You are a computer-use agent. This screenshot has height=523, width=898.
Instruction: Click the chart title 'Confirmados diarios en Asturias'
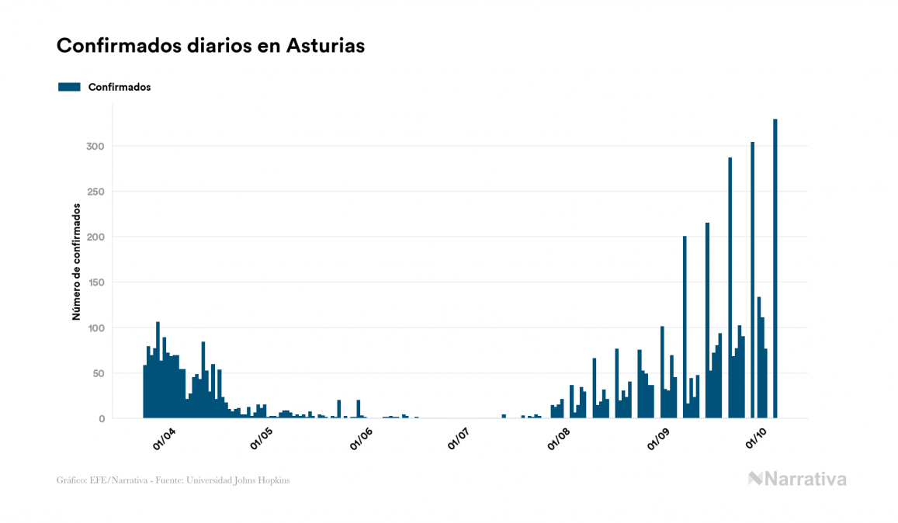click(x=210, y=46)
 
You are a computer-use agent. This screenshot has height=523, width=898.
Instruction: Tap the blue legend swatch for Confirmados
click(x=69, y=87)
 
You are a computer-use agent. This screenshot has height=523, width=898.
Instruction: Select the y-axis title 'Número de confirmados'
click(x=76, y=262)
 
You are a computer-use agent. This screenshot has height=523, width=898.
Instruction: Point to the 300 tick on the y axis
click(x=95, y=147)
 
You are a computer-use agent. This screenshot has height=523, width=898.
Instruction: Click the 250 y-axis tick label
click(x=95, y=192)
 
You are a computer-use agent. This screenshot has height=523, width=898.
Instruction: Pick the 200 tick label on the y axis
click(x=95, y=237)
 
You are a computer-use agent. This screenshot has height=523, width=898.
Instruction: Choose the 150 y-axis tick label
click(x=96, y=282)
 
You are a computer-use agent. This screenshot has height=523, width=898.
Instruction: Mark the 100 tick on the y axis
click(x=96, y=328)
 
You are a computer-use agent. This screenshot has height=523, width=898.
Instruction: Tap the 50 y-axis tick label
click(x=99, y=373)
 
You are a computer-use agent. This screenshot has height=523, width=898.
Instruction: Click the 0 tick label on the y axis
click(x=102, y=419)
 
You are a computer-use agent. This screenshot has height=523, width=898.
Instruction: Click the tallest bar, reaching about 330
click(x=775, y=268)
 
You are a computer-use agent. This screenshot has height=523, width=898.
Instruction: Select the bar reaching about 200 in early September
click(x=685, y=327)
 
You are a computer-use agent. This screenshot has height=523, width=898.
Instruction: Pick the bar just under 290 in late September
click(x=730, y=288)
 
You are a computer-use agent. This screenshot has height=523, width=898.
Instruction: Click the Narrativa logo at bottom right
click(x=797, y=479)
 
